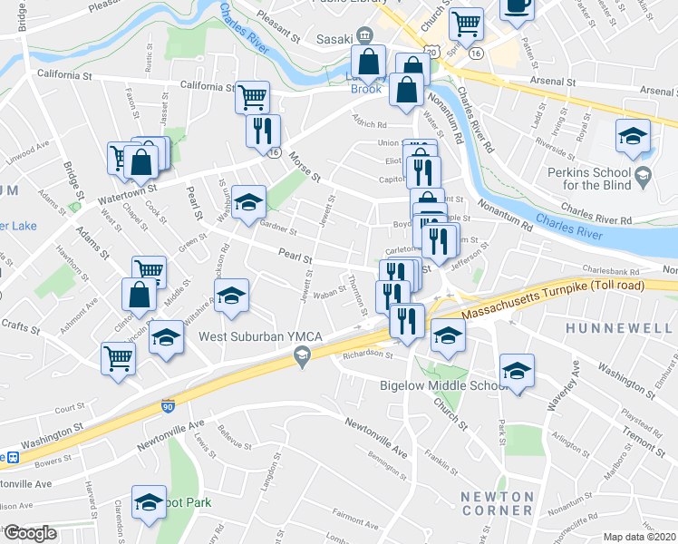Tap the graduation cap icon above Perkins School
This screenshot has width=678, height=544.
[x=633, y=136]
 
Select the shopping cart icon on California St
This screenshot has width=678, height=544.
[x=253, y=95]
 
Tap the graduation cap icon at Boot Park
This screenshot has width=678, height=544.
[x=149, y=501]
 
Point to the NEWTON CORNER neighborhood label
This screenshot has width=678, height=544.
[x=497, y=504]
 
